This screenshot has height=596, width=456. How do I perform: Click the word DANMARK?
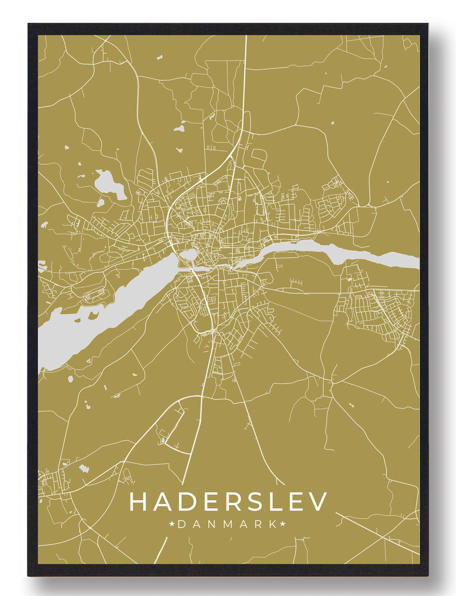(x=227, y=524)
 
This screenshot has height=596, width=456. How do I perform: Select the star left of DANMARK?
(x=172, y=524)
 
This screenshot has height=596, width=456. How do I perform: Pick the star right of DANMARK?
(x=283, y=524)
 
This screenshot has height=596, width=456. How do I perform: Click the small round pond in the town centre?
(x=187, y=255)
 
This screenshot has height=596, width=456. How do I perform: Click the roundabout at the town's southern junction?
(x=213, y=331)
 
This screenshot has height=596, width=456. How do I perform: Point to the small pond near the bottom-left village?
(x=84, y=468)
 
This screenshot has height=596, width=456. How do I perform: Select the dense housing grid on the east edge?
(x=383, y=312)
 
